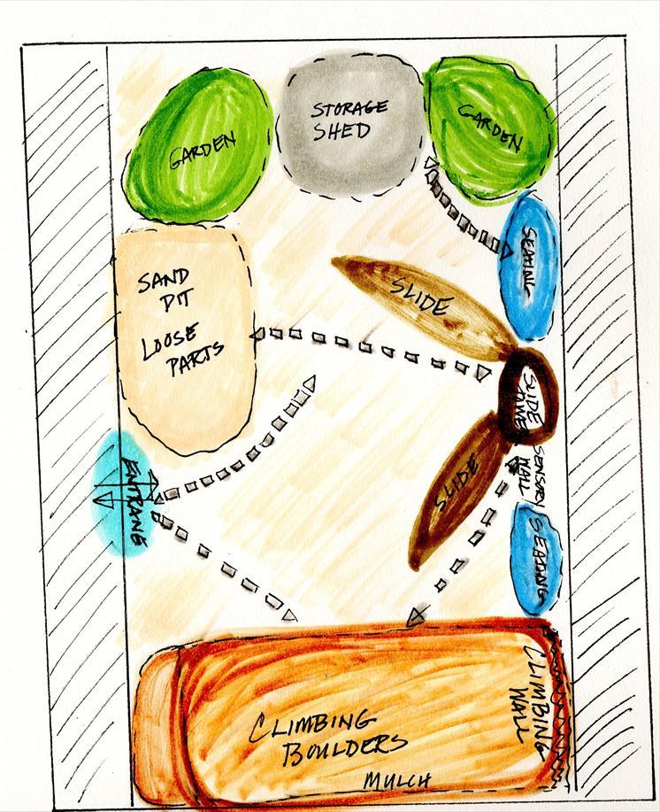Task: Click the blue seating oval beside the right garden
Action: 529,266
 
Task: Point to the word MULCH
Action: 398,779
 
